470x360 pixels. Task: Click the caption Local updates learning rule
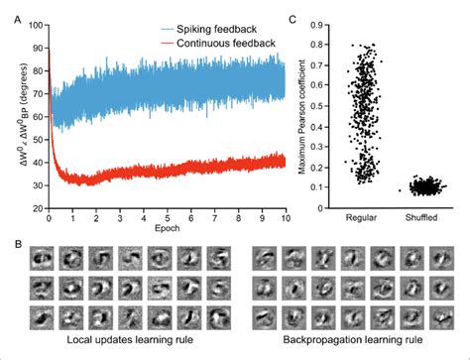[124, 342]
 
